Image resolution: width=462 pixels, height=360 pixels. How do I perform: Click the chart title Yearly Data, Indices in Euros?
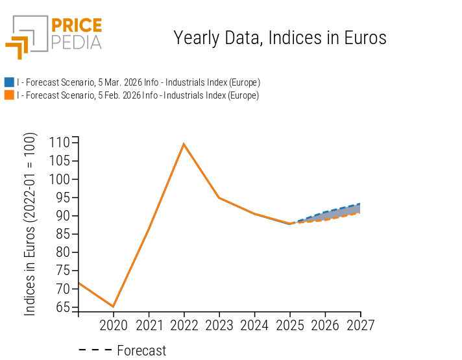[280, 38]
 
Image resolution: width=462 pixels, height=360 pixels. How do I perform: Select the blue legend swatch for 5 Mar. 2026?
[9, 82]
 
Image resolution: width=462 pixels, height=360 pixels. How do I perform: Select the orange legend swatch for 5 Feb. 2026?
[9, 95]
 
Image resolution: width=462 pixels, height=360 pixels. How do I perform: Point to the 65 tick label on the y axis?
[62, 307]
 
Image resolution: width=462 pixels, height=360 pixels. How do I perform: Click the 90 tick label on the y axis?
[62, 215]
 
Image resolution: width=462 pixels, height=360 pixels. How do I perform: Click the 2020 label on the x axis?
[114, 325]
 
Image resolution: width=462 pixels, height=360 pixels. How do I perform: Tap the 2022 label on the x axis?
[184, 325]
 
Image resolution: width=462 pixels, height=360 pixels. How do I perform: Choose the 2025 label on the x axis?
[290, 325]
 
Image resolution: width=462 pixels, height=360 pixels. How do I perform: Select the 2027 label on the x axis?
[360, 325]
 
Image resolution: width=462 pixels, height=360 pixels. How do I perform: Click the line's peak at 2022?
[184, 144]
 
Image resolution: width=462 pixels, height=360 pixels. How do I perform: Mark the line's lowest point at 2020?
[114, 307]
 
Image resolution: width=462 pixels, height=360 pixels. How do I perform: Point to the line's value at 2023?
[219, 198]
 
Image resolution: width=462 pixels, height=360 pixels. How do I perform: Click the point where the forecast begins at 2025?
[290, 224]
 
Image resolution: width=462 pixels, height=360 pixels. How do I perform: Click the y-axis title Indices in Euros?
[30, 224]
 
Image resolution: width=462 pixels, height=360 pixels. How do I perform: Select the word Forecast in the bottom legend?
[141, 351]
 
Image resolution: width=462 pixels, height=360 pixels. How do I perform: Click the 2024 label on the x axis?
[254, 325]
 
